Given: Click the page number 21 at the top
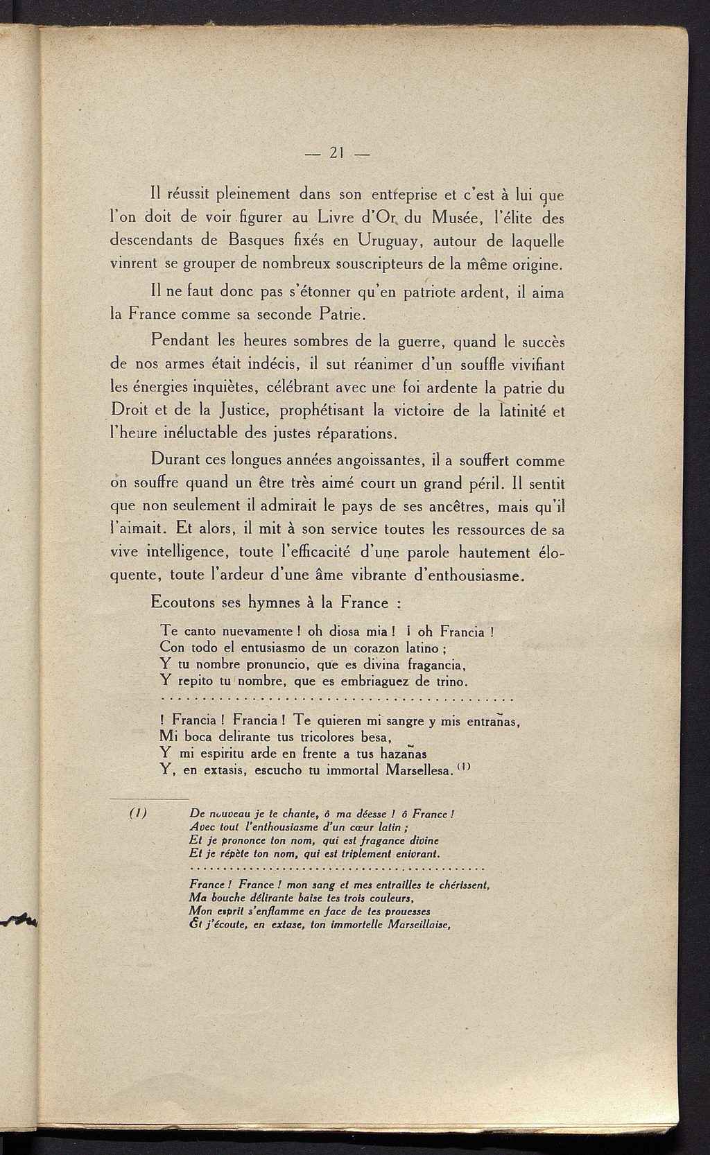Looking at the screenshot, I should [x=338, y=153].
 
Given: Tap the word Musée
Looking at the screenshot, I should [x=451, y=218].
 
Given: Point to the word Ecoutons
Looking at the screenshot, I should [x=182, y=602].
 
